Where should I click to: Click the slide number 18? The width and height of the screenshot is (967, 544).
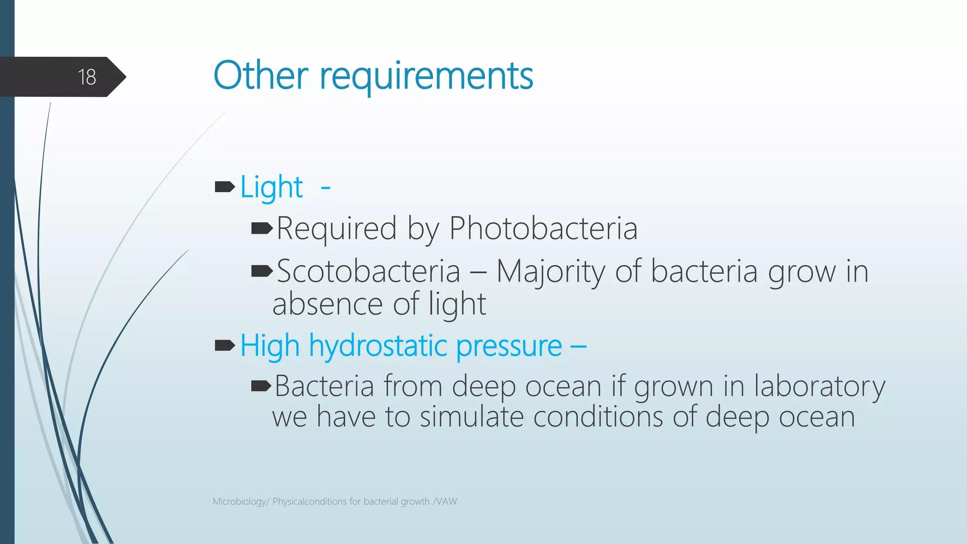(87, 77)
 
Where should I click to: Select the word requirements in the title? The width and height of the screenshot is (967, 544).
(426, 77)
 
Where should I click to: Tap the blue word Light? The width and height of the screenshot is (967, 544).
(271, 187)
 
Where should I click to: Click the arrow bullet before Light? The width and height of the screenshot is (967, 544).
(225, 187)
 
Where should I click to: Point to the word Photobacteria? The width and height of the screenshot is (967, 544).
(543, 229)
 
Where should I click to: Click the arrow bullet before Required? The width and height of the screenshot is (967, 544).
(262, 229)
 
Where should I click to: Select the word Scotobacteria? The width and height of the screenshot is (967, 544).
(368, 272)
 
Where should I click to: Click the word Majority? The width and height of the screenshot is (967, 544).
(550, 272)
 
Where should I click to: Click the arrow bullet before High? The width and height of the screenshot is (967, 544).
(225, 346)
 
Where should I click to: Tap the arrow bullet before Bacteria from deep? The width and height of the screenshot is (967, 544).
(262, 387)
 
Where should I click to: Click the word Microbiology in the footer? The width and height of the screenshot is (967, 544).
(240, 501)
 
